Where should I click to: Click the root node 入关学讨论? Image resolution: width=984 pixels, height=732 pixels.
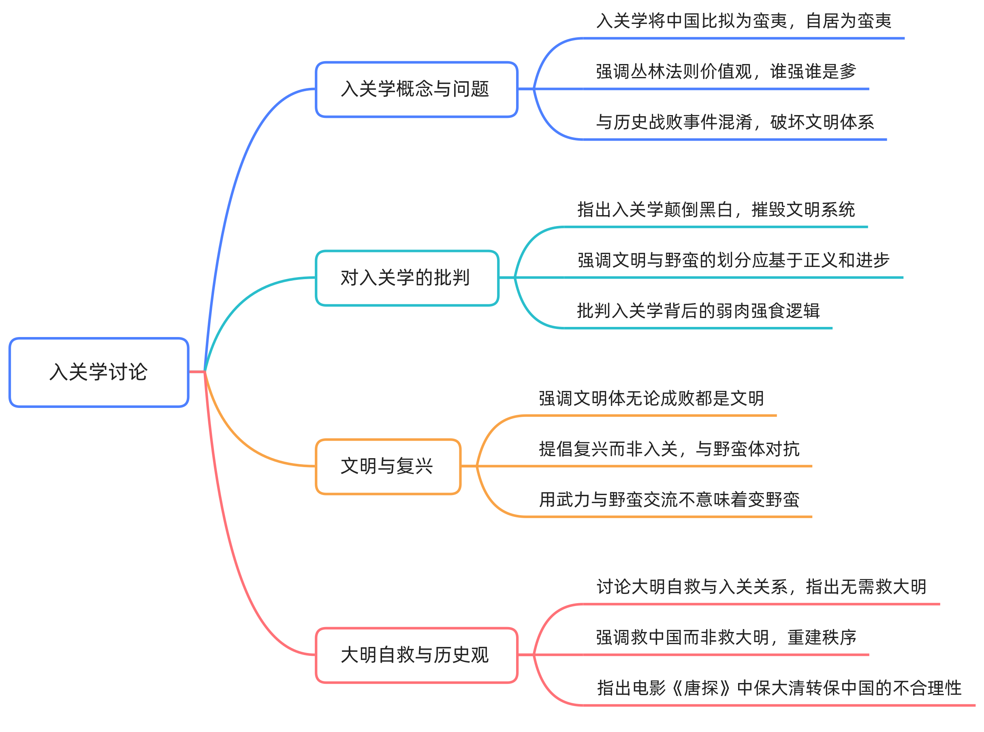(99, 372)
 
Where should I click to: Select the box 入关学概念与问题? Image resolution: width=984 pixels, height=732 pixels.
(416, 89)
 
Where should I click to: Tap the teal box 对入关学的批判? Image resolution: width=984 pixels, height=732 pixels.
(407, 278)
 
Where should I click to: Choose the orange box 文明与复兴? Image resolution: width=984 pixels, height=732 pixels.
(388, 466)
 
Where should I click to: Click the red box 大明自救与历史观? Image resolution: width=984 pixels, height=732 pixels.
(416, 655)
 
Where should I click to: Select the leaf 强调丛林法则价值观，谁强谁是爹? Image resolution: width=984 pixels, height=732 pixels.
(726, 72)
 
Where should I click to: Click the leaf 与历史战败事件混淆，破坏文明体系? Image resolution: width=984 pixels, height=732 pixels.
(734, 122)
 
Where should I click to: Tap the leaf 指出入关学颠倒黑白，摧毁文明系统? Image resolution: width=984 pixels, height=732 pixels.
(715, 209)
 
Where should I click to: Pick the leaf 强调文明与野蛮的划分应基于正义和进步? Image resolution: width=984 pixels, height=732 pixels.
(733, 260)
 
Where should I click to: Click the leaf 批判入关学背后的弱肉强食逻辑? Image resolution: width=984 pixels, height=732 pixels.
(698, 311)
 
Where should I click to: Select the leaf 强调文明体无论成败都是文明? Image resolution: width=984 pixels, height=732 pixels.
(651, 398)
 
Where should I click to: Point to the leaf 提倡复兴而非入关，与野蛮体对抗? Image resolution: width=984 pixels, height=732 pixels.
(668, 449)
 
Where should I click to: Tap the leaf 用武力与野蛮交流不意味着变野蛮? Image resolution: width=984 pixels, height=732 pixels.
(668, 499)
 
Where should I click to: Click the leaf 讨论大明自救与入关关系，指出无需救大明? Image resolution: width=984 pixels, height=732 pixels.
(761, 587)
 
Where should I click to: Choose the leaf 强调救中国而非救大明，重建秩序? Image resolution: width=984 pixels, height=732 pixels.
(726, 637)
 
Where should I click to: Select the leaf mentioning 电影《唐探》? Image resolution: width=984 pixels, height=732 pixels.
(779, 688)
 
